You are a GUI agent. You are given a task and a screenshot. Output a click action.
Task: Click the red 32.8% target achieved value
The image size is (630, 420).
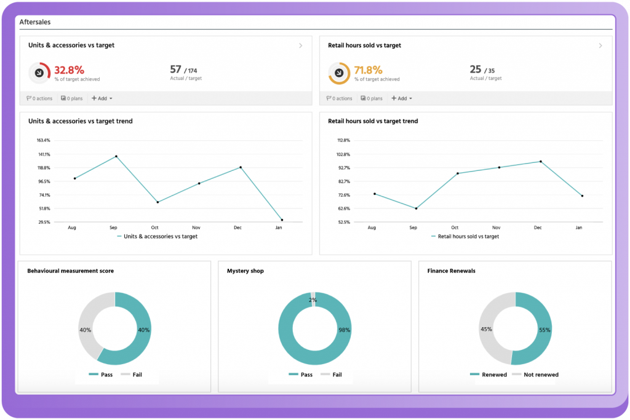[x=69, y=69]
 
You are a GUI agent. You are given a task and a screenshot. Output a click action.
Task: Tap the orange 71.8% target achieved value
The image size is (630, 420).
[x=369, y=69]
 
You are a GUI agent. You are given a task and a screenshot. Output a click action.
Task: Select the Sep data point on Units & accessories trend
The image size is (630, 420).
[x=116, y=156]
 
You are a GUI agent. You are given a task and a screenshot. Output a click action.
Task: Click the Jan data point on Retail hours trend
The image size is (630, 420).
[x=581, y=196]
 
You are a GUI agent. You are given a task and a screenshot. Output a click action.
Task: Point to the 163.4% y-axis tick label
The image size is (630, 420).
[x=44, y=140]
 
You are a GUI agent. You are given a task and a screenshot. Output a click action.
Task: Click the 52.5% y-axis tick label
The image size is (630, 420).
[x=343, y=222]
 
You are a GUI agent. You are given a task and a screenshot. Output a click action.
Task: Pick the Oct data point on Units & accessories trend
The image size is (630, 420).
[x=157, y=202]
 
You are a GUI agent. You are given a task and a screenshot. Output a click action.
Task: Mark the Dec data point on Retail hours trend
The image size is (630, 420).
[x=540, y=161]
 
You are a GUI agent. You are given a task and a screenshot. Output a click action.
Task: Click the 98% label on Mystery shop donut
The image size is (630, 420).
[x=344, y=330]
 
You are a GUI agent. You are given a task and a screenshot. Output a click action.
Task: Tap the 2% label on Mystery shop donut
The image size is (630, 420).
[x=313, y=300]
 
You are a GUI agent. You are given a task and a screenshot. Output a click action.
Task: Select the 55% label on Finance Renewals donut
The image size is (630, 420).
[x=544, y=330]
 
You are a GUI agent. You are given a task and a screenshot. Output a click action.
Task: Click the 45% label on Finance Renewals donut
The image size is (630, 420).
[x=485, y=328]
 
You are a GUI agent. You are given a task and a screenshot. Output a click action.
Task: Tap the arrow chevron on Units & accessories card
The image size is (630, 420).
[x=300, y=46]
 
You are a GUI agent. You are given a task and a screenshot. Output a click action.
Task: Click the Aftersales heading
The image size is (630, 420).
[x=35, y=22]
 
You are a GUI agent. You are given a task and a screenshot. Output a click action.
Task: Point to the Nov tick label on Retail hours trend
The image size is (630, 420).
[x=496, y=228]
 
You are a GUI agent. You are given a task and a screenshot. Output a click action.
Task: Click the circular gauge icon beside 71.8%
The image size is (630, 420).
[x=339, y=73]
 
